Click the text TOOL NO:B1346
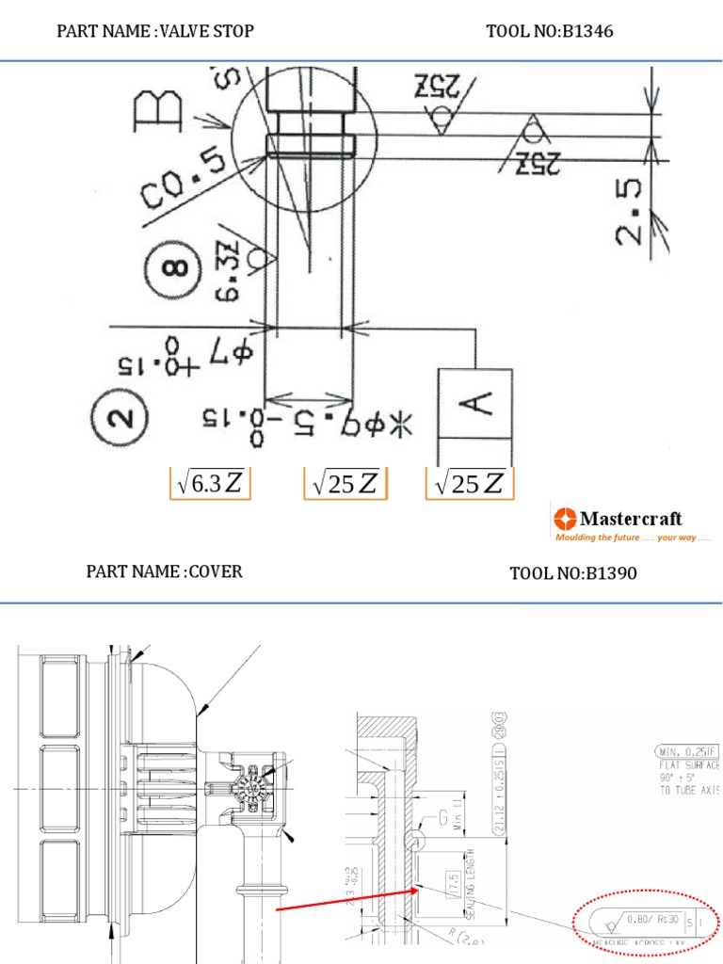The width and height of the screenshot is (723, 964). (549, 31)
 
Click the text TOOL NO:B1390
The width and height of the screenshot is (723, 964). (573, 572)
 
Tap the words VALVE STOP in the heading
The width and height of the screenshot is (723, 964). (208, 31)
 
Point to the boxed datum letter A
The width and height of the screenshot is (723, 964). (474, 403)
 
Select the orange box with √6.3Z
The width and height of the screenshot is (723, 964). (209, 483)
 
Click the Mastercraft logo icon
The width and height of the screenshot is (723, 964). (565, 518)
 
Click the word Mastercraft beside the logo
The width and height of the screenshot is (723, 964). (630, 518)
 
